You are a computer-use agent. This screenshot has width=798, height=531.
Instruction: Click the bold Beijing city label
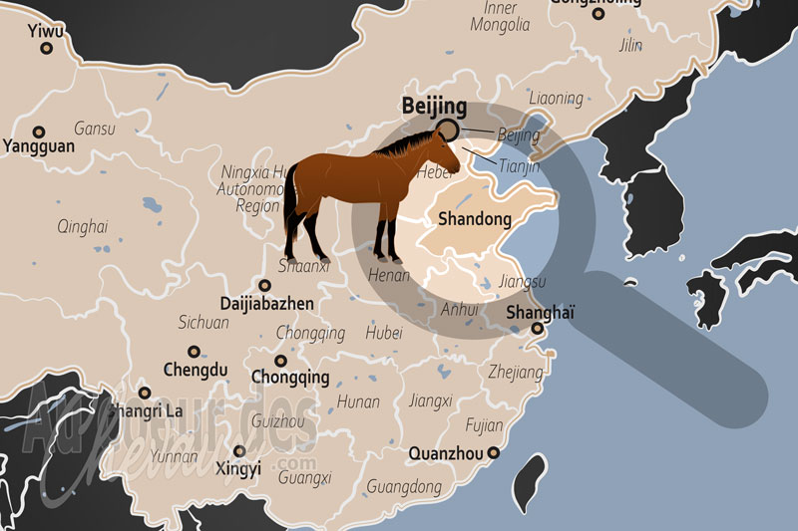[434, 106]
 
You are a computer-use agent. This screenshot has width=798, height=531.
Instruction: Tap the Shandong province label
[475, 218]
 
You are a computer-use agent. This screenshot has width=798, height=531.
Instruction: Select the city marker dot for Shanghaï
[537, 329]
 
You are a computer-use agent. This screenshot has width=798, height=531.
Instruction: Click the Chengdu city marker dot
[195, 351]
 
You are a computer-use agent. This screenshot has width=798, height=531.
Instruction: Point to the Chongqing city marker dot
[280, 361]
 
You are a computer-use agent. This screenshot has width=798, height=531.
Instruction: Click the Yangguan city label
[39, 146]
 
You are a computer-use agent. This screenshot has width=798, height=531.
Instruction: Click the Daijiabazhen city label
[267, 303]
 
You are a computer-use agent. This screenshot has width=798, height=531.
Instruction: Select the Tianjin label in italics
[519, 166]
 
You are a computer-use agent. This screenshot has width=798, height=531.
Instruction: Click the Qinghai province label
[82, 225]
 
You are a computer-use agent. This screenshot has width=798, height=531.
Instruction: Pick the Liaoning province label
[556, 99]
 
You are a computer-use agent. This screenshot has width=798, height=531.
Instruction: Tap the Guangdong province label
[404, 487]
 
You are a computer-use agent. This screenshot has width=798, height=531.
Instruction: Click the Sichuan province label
[203, 323]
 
